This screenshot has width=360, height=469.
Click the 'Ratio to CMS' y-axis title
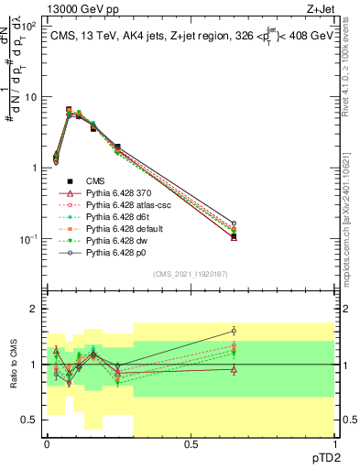(12, 366)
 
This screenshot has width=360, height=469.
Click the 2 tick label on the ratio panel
(35, 309)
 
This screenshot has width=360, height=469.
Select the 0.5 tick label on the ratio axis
(32, 420)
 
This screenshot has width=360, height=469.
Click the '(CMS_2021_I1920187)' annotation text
(190, 273)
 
